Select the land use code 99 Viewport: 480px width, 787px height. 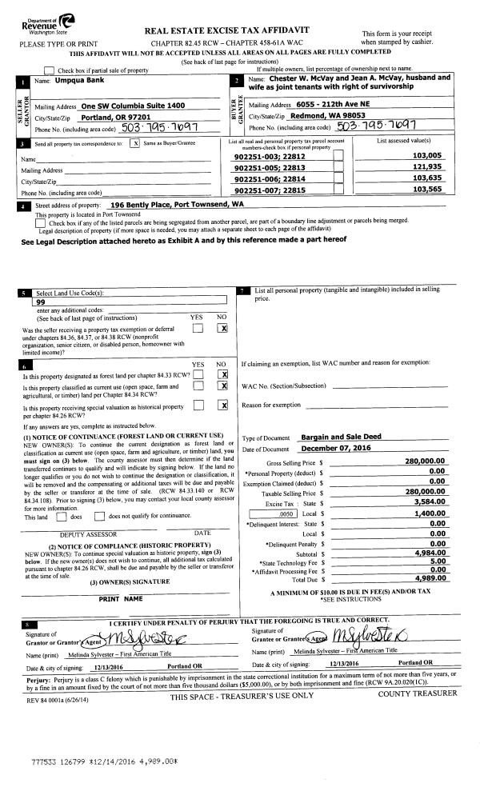[40, 303]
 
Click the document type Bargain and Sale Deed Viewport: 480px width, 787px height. [339, 437]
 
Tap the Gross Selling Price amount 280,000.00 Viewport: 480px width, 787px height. [424, 461]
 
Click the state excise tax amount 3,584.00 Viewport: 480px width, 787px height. [429, 502]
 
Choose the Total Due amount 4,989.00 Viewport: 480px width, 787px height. [429, 577]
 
